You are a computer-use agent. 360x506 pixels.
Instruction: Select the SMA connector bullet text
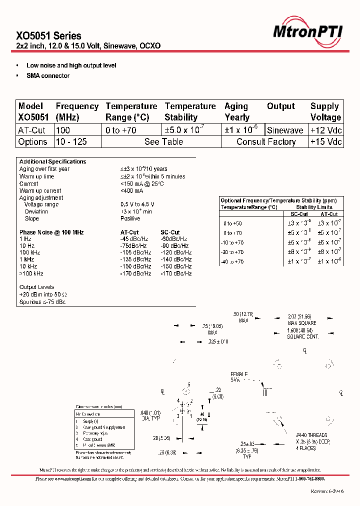click(48, 76)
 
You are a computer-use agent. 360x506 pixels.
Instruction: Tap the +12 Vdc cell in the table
click(325, 130)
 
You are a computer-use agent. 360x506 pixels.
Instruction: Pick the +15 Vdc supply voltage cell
click(325, 142)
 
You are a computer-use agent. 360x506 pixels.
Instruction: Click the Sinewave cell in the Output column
click(285, 130)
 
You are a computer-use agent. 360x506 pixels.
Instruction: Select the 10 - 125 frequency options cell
click(71, 142)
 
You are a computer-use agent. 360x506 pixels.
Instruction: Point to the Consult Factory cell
click(266, 142)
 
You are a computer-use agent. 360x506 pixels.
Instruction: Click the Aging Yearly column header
click(237, 111)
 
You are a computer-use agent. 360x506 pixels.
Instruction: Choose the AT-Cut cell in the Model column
click(32, 130)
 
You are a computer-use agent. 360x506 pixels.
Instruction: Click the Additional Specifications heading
click(52, 161)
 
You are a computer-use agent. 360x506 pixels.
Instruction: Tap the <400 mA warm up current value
click(131, 191)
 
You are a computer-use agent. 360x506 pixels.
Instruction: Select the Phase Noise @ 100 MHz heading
click(51, 232)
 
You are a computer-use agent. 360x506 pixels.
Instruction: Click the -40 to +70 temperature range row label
click(233, 261)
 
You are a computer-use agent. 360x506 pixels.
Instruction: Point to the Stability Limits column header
click(314, 207)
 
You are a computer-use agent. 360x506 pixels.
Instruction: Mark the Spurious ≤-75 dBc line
click(42, 302)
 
